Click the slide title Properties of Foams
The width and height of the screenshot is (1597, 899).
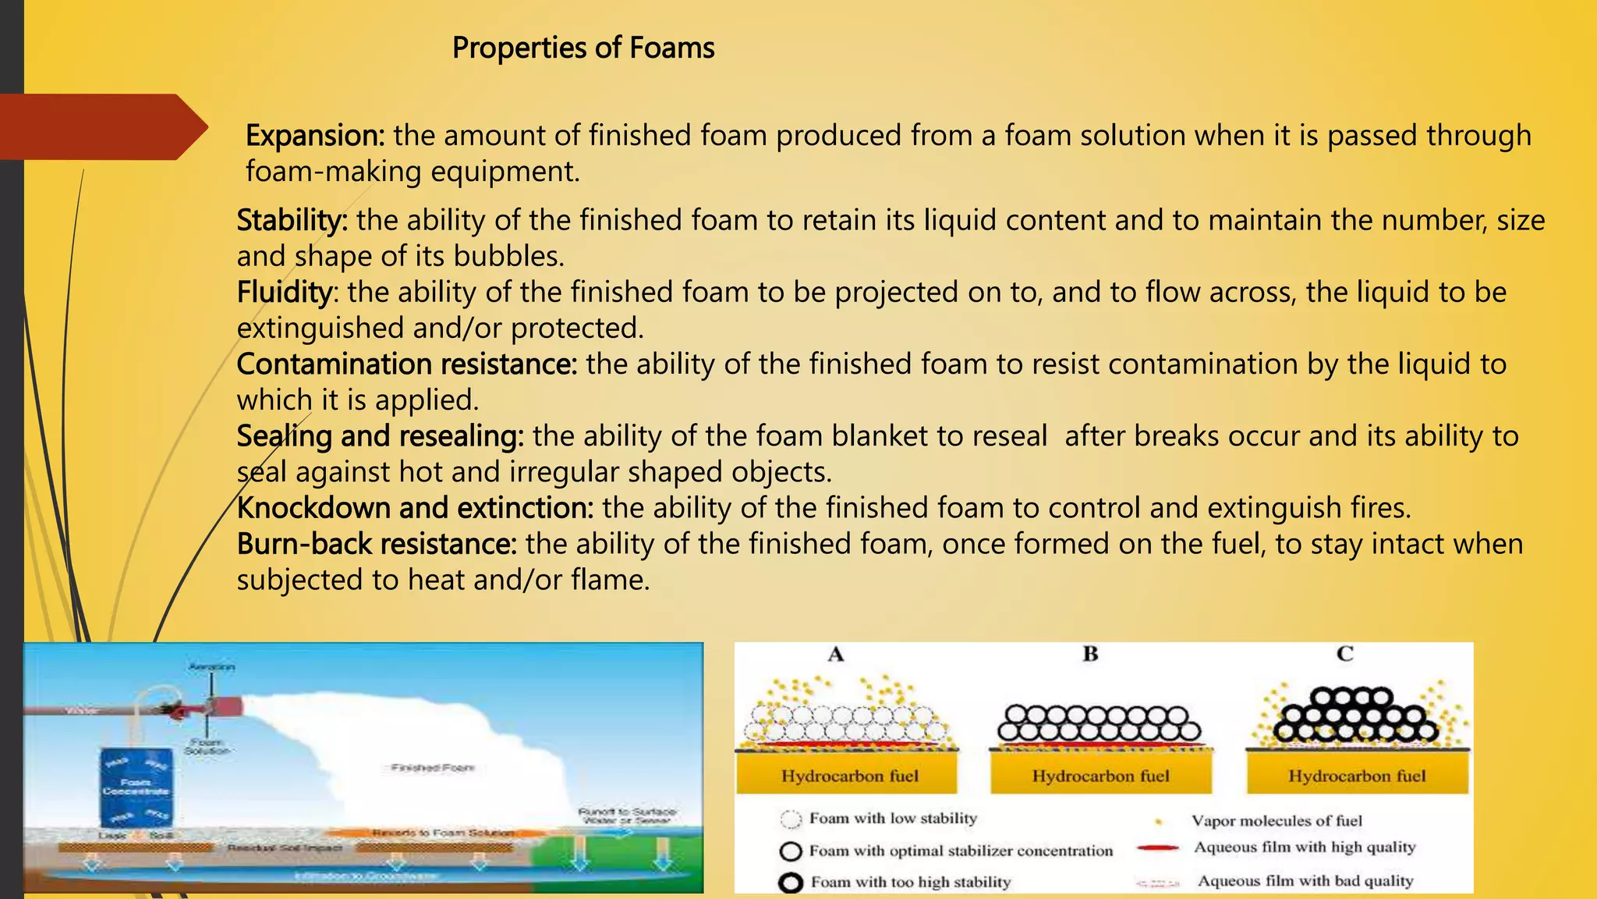[x=583, y=48]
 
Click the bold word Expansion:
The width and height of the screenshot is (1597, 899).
[x=315, y=136]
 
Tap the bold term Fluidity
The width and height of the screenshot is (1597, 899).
[x=285, y=292]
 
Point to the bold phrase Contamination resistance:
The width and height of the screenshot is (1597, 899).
[x=406, y=364]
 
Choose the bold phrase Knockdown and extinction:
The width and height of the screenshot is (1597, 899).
[x=415, y=508]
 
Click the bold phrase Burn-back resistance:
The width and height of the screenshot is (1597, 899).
[x=377, y=544]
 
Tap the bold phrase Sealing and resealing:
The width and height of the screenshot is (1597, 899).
[x=381, y=436]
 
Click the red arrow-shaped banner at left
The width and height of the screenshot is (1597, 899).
[x=101, y=126]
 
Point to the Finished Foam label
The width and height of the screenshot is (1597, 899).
[x=433, y=768]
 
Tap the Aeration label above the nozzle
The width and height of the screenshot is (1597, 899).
[x=211, y=667]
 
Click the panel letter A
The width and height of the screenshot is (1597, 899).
[x=836, y=655]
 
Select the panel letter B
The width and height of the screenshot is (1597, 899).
[x=1090, y=654]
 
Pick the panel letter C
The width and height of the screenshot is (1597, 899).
[x=1345, y=654]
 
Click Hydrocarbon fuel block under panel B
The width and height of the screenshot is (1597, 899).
[x=1100, y=776]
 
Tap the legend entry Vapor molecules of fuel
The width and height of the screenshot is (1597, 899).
[x=1277, y=821]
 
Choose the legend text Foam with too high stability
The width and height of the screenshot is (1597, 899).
[x=910, y=882]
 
